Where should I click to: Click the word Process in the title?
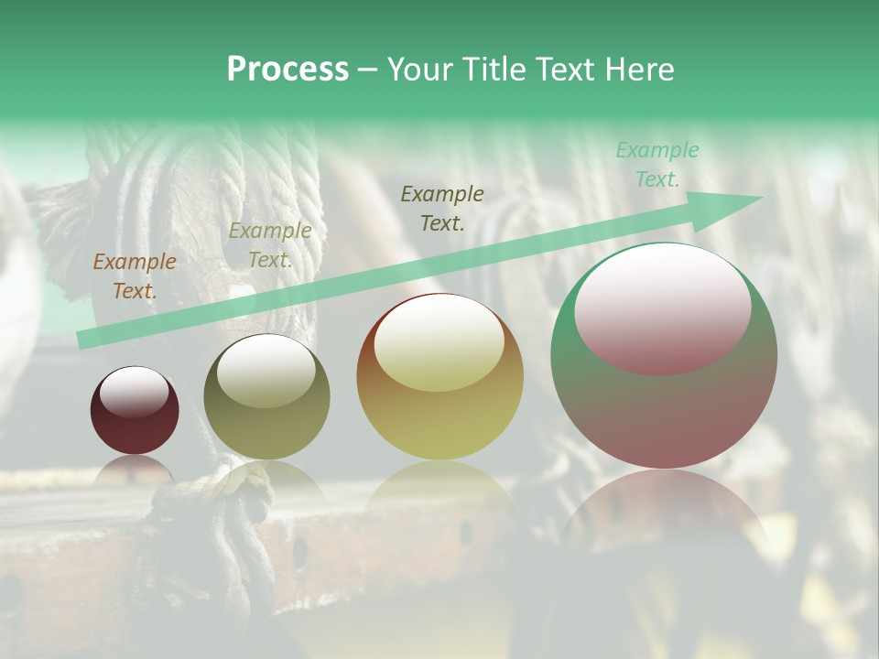tap(288, 70)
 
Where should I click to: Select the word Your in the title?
tap(421, 70)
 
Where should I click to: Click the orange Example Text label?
tap(135, 276)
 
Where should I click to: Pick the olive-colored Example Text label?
tap(270, 245)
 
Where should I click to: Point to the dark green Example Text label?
tap(442, 208)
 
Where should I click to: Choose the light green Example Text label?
tap(657, 165)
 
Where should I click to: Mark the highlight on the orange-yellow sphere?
tap(439, 345)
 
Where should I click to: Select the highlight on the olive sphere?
tap(266, 370)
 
